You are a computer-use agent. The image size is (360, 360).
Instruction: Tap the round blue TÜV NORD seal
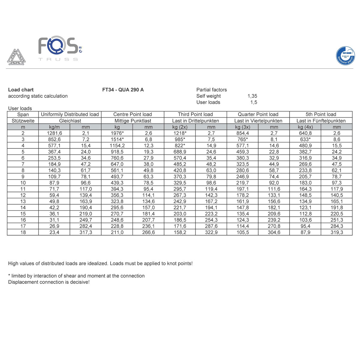click(345, 56)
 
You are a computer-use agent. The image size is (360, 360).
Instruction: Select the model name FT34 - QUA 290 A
click(123, 90)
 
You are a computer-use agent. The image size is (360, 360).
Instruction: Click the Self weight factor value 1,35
click(252, 96)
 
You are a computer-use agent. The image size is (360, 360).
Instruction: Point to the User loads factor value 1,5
click(253, 102)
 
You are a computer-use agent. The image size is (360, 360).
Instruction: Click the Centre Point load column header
click(133, 114)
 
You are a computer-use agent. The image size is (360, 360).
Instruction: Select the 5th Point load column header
click(321, 114)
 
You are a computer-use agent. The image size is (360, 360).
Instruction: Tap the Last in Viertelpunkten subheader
click(258, 121)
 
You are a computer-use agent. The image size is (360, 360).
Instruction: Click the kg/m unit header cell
click(54, 127)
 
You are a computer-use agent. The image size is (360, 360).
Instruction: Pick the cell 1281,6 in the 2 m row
click(54, 133)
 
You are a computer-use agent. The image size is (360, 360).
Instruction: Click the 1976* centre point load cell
click(117, 133)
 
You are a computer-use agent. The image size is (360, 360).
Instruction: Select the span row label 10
click(23, 183)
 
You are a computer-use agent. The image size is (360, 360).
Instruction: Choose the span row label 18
click(23, 232)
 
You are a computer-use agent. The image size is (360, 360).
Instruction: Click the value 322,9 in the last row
click(211, 232)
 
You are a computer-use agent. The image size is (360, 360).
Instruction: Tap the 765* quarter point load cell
click(242, 139)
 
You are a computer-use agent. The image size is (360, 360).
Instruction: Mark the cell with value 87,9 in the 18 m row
click(305, 232)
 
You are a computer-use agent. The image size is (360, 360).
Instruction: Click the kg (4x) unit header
click(305, 127)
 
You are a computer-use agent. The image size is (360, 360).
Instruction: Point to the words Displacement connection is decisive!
click(49, 282)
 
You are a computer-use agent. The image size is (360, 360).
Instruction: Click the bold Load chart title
click(21, 90)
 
